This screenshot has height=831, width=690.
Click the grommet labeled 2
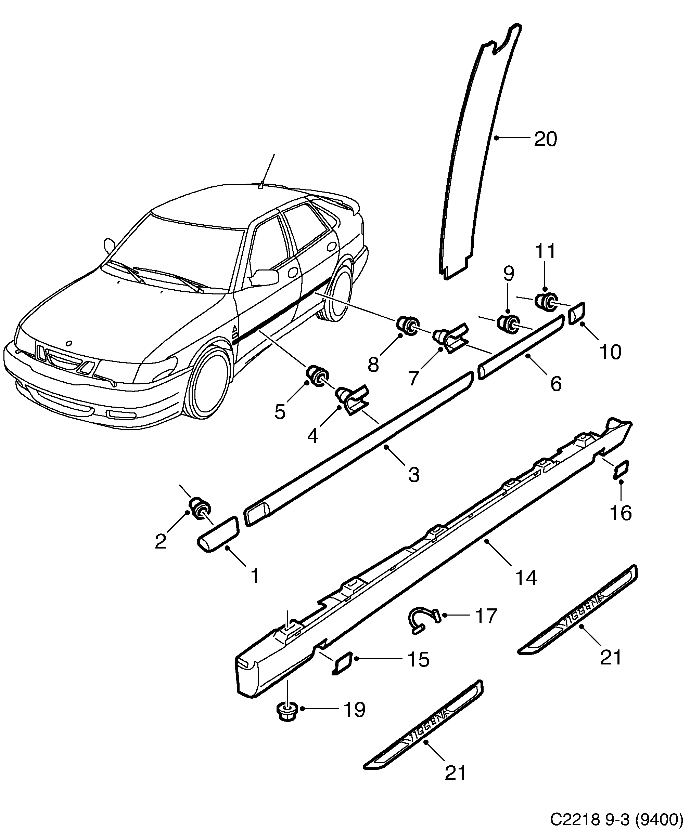click(x=200, y=508)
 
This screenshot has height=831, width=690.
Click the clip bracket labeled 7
click(x=451, y=333)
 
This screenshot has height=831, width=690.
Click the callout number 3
click(x=413, y=474)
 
